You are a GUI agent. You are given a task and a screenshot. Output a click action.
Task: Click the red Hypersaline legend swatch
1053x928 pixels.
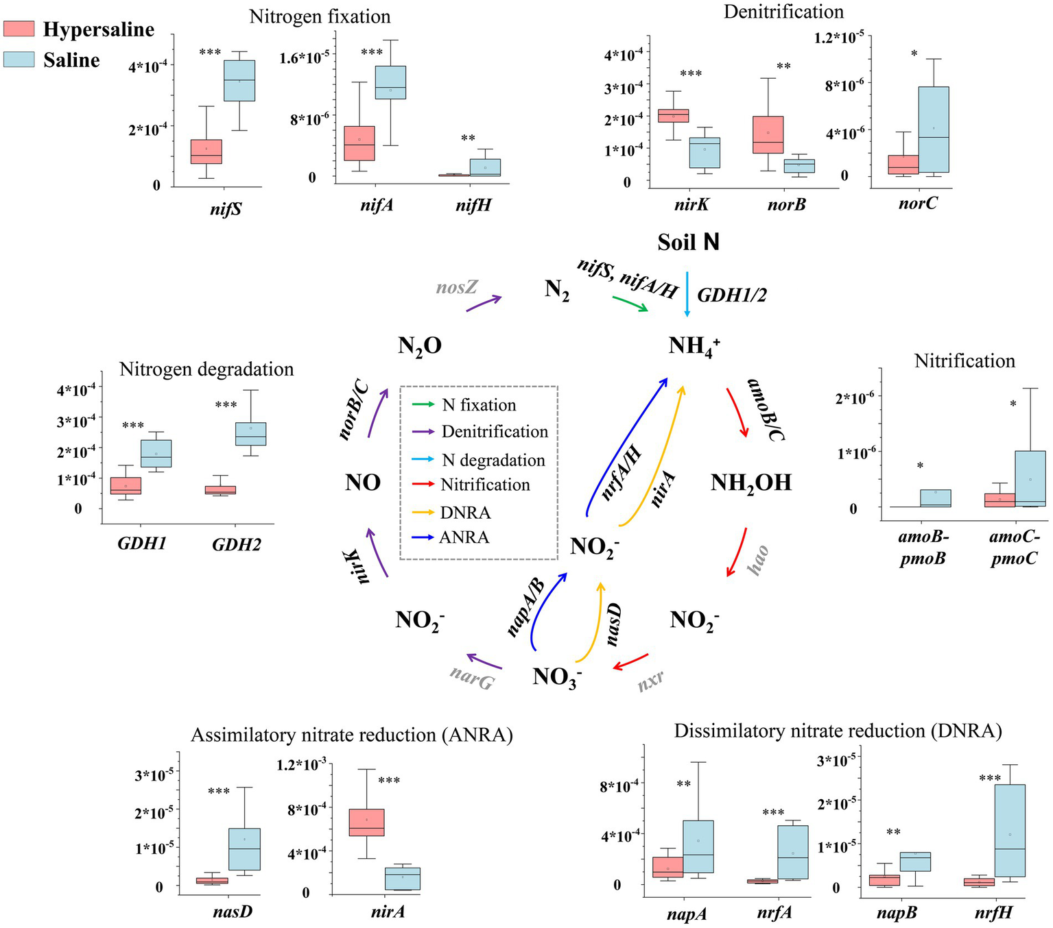(x=19, y=28)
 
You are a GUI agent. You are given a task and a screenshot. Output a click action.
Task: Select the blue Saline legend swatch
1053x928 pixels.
(x=19, y=59)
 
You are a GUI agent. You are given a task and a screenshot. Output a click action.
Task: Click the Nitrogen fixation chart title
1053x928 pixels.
(x=320, y=16)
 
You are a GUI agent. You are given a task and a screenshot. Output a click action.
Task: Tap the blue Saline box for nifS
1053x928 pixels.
(x=239, y=81)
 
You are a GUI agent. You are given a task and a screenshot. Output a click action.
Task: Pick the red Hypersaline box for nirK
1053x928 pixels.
(x=674, y=115)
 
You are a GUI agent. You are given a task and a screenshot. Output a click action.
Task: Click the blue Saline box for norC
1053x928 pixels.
(x=933, y=130)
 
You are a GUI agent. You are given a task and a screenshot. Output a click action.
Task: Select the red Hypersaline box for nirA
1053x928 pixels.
(x=366, y=822)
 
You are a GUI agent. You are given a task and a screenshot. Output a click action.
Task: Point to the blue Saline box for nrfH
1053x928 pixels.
(x=1010, y=830)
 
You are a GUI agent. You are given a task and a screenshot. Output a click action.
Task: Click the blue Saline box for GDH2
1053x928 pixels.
(x=250, y=434)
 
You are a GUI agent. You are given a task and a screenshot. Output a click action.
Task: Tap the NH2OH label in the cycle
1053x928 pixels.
(x=750, y=483)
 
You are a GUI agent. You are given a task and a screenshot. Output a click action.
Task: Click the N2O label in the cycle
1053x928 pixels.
(x=419, y=346)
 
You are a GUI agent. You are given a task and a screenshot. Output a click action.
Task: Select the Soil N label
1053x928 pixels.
(x=688, y=242)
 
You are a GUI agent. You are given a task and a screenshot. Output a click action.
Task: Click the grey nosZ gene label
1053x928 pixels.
(x=456, y=287)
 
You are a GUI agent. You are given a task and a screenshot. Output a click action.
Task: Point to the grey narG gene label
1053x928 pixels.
(x=472, y=678)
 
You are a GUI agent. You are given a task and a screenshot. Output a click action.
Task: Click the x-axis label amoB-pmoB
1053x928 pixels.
(x=923, y=548)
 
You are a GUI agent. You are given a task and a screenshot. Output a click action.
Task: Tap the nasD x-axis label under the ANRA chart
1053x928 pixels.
(x=233, y=912)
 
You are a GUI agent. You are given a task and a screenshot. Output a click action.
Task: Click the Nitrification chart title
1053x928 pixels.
(x=964, y=361)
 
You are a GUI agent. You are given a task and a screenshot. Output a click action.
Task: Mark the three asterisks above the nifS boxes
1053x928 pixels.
(x=210, y=53)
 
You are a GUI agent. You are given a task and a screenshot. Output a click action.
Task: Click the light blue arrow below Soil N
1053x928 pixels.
(x=687, y=295)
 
